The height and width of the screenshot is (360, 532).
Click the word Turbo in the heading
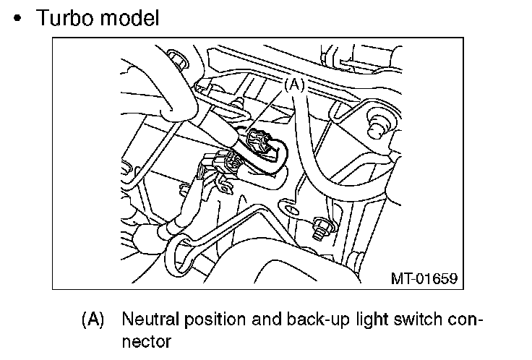[66, 17]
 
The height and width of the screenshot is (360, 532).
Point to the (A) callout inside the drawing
[293, 85]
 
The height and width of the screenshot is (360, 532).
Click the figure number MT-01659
[424, 277]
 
